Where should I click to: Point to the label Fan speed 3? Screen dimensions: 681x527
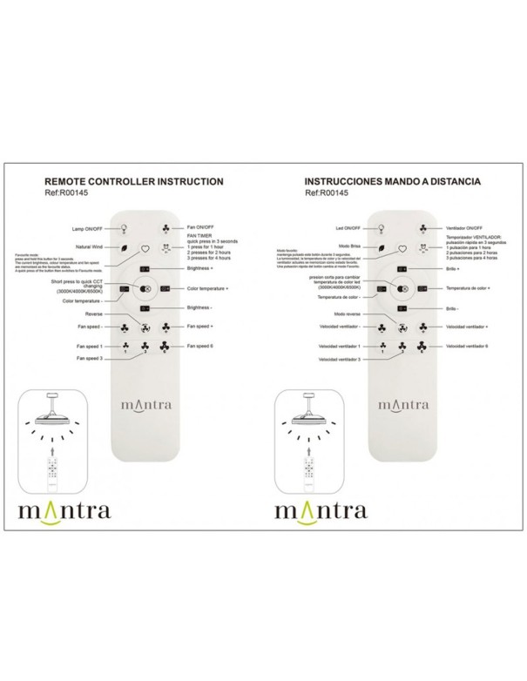coord(90,358)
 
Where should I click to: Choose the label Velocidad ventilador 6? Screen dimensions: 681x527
coord(468,346)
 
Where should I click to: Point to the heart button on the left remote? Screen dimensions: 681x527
coord(145,248)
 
